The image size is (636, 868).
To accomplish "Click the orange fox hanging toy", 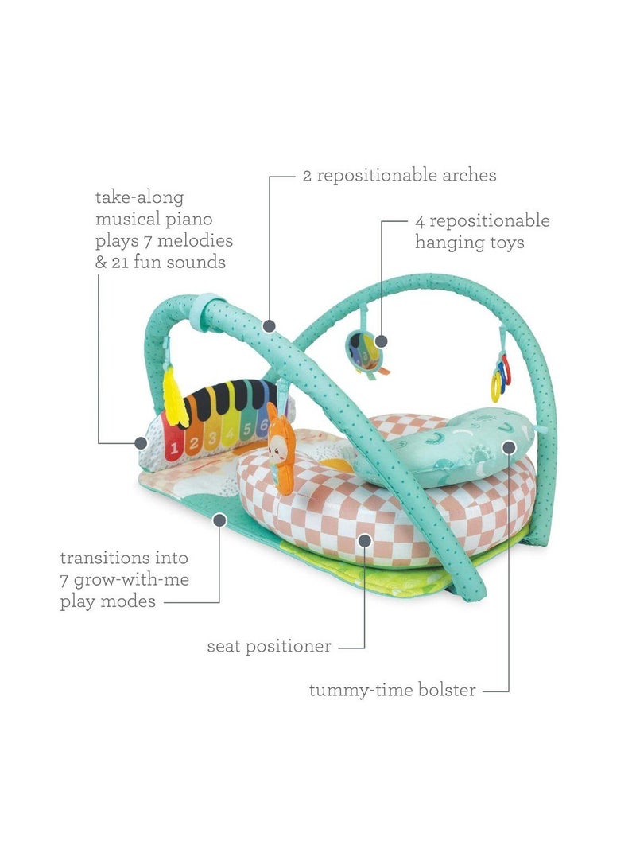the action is pos(281,449).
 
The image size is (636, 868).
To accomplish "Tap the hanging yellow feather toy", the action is pos(173,399).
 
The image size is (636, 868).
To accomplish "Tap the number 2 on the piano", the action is pos(193,444).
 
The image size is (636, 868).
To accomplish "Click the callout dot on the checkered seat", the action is pos(364,539).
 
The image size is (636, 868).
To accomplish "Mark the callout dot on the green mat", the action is pos(219,520).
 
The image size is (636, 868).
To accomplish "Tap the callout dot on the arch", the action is pos(270,325).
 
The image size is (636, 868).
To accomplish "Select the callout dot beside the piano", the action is pos(141,443).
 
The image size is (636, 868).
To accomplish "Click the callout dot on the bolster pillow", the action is pos(510,447).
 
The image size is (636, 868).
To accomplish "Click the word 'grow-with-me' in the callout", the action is pos(132,581).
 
